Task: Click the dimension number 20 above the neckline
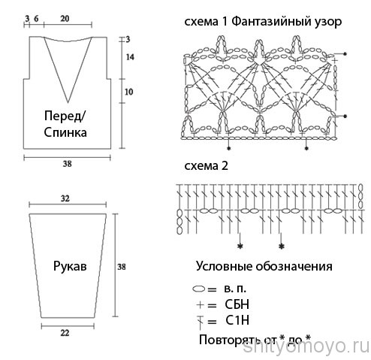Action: (x=65, y=19)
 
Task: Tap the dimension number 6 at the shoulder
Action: (x=36, y=19)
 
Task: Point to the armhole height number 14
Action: (x=130, y=57)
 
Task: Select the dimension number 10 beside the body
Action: (x=128, y=92)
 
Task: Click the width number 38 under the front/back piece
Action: (x=67, y=164)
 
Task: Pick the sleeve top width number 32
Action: (x=65, y=198)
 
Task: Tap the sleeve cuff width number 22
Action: (x=65, y=333)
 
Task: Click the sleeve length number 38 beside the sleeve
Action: (x=122, y=267)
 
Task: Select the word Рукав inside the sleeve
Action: (x=70, y=267)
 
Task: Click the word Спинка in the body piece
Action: (x=65, y=132)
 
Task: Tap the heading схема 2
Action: (x=207, y=166)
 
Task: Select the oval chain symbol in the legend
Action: (x=199, y=289)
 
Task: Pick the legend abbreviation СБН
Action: (x=237, y=304)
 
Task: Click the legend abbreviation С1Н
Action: (x=237, y=320)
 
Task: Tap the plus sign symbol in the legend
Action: (x=201, y=305)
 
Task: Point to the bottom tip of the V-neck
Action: (x=68, y=103)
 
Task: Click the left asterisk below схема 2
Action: (x=240, y=247)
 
